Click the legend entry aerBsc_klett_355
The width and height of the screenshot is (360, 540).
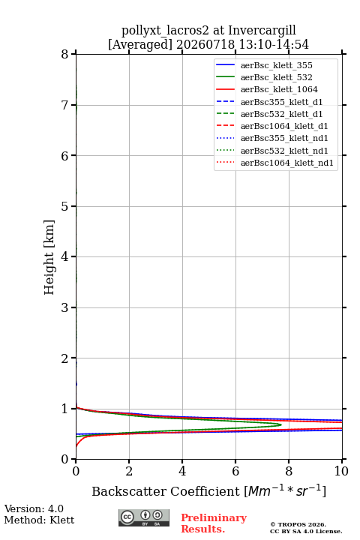pos(276,65)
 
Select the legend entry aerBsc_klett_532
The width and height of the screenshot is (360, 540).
pos(276,77)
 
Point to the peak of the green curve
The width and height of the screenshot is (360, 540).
pos(281,424)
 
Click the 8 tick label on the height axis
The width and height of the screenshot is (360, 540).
pos(65,55)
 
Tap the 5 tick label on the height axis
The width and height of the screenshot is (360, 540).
pos(65,206)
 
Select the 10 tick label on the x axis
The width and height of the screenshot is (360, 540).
pos(341,471)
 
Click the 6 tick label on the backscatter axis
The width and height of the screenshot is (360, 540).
pos(235,471)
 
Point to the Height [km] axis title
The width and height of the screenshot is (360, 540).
pos(49,257)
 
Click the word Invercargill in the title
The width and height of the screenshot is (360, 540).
pos(262,31)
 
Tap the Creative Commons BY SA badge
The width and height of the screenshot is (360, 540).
pos(144,518)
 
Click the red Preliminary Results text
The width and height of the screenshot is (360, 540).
pos(214,523)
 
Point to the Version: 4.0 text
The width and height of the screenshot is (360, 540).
pos(34,508)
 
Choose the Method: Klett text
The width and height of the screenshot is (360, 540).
pos(39,520)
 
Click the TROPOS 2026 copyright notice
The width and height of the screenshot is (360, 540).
pos(306,528)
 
